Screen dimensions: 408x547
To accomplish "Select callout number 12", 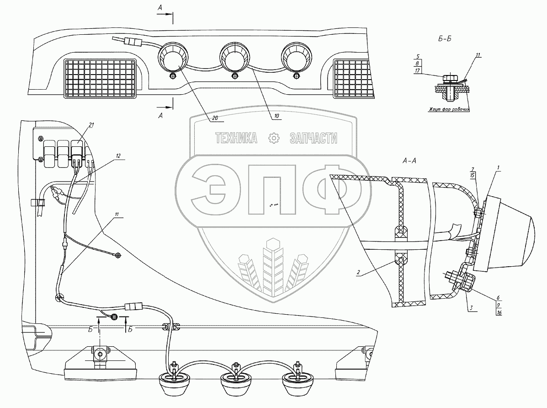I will [118, 156].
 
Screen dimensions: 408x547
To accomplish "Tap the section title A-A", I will [409, 161].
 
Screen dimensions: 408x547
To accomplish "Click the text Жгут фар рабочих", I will [448, 109].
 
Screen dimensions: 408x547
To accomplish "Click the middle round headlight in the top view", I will [234, 57].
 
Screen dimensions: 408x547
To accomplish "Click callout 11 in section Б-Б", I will [478, 55].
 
